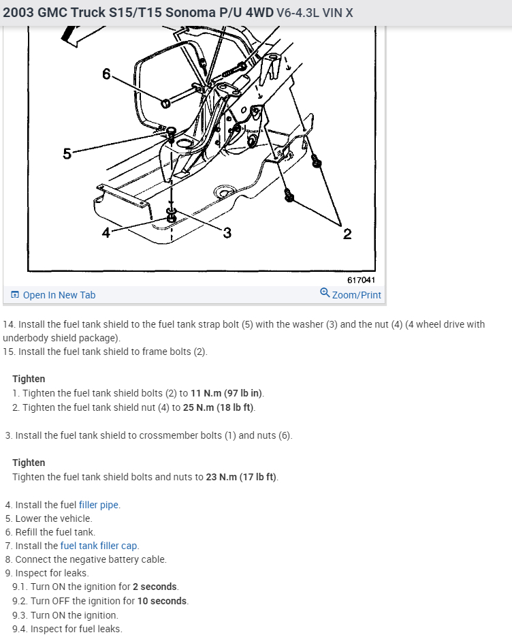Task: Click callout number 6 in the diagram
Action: click(106, 74)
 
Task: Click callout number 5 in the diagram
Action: click(67, 153)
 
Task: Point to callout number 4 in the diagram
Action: click(106, 233)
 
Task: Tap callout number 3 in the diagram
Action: click(227, 233)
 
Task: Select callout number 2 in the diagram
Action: click(347, 234)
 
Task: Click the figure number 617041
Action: click(361, 280)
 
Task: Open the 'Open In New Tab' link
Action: click(59, 295)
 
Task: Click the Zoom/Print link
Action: click(357, 295)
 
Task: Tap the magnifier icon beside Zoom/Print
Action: click(325, 293)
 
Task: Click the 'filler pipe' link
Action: click(99, 505)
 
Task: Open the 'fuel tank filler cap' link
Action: click(99, 546)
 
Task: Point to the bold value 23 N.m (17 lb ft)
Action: click(242, 477)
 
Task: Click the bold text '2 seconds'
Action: click(155, 587)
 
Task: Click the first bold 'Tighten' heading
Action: click(29, 379)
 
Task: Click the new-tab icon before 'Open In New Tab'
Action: click(15, 295)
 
